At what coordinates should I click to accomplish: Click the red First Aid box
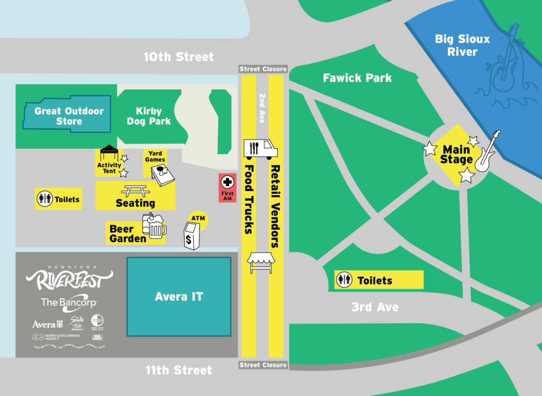(227, 187)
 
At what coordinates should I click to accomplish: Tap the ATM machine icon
(192, 236)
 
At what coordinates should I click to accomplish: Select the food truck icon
(260, 149)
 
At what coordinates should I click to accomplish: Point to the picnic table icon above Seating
(135, 191)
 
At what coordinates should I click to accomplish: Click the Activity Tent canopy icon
(109, 153)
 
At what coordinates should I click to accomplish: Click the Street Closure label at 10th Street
(263, 69)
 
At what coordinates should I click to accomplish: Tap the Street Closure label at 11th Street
(263, 365)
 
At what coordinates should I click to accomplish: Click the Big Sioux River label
(455, 45)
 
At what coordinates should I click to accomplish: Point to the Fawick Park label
(357, 78)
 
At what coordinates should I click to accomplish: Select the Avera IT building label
(179, 296)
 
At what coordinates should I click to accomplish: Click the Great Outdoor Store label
(69, 116)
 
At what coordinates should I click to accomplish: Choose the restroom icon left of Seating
(44, 199)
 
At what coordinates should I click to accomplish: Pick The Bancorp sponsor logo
(69, 302)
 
